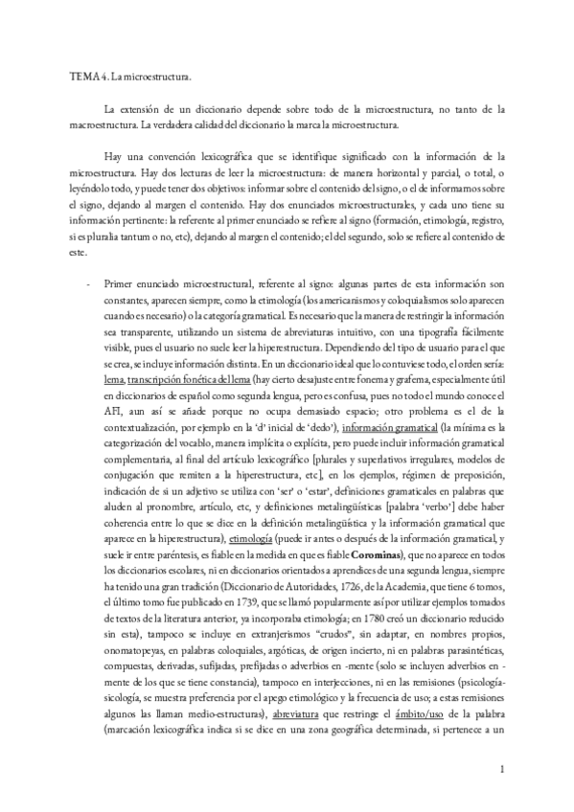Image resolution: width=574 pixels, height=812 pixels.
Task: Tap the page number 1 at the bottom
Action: click(x=501, y=769)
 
